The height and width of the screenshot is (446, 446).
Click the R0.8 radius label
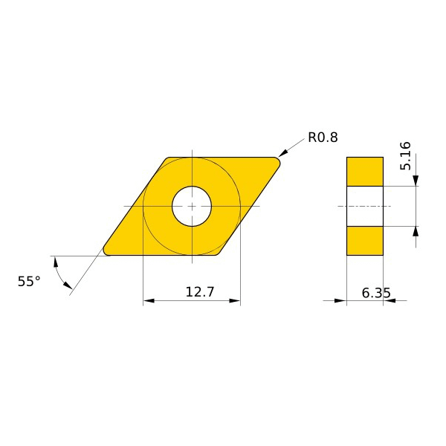323,138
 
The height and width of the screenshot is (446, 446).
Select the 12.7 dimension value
199,292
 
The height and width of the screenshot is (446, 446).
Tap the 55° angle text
29,281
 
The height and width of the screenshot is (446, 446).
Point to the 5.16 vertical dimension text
405,156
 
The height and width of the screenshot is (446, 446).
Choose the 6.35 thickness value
376,293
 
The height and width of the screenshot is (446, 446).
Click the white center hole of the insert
192,206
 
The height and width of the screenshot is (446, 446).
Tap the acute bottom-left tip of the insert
106,251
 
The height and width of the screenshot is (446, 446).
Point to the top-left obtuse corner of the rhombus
167,158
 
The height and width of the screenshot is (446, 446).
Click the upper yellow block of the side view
365,171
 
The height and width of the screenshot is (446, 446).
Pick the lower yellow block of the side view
365,240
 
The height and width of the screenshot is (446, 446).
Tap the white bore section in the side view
365,206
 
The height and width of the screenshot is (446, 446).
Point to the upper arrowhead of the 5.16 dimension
416,180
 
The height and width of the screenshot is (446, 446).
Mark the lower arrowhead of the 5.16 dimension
416,232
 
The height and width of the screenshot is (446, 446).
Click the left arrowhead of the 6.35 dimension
341,301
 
